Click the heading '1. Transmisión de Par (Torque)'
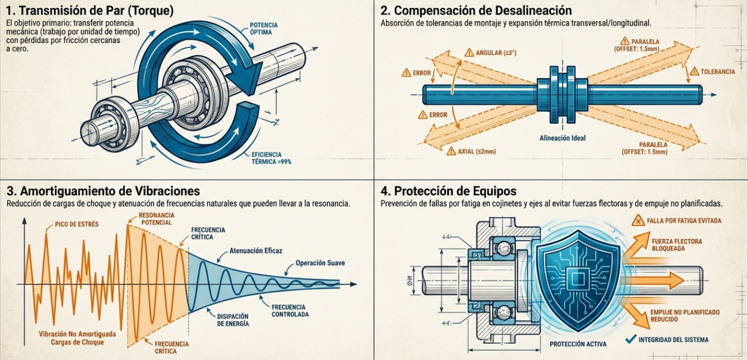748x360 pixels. (x=90, y=11)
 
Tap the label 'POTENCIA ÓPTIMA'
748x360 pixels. (x=263, y=29)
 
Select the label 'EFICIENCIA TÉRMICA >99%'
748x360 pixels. (x=271, y=158)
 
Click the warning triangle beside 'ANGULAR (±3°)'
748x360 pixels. (x=469, y=53)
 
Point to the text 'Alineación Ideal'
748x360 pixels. (x=563, y=138)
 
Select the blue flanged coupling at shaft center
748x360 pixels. (x=563, y=95)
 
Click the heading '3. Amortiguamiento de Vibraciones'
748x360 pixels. (x=103, y=191)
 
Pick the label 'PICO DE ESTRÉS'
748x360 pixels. (x=77, y=224)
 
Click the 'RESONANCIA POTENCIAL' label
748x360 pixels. (x=157, y=218)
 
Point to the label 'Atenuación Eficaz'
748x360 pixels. (x=256, y=250)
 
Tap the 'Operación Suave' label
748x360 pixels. (x=320, y=263)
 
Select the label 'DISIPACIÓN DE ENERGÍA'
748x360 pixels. (x=233, y=320)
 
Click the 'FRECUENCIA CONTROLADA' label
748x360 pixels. (x=290, y=311)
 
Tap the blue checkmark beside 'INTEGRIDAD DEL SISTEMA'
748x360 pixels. (x=631, y=339)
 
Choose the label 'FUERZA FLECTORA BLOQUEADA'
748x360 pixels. (x=677, y=245)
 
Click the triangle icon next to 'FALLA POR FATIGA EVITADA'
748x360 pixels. (x=638, y=221)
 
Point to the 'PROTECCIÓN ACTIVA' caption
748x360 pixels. (x=578, y=344)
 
